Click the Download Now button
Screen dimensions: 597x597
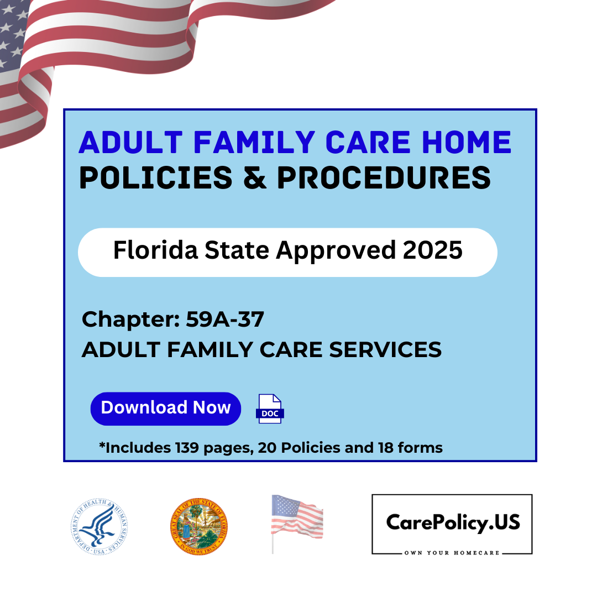(165, 409)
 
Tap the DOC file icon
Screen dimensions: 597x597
(270, 409)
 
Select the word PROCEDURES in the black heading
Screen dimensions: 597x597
(384, 177)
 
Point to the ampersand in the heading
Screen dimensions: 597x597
(252, 177)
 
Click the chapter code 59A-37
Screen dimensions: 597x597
(224, 320)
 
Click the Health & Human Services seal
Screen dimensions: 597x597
(99, 527)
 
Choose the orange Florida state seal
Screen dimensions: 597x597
(198, 527)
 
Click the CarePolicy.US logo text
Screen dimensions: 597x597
(452, 521)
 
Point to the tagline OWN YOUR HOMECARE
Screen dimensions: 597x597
(452, 553)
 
